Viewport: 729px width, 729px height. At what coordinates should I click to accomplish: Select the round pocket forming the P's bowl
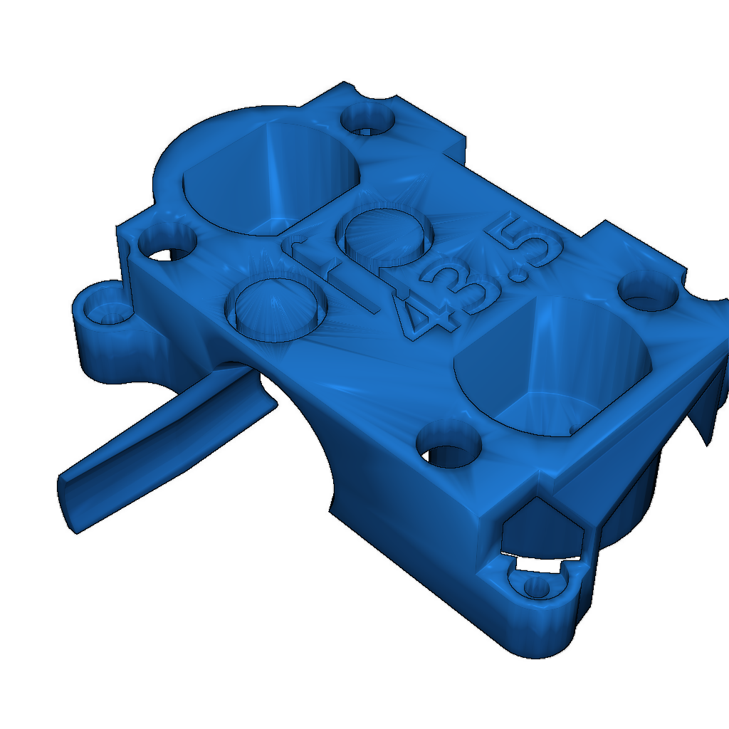point(384,235)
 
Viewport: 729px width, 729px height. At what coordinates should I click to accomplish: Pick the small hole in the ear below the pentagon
point(535,587)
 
